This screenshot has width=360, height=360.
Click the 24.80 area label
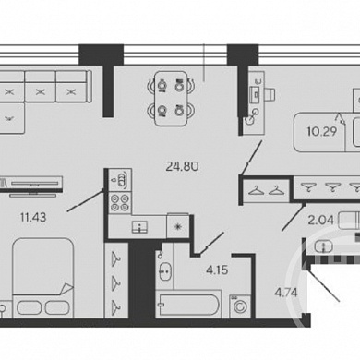(182, 166)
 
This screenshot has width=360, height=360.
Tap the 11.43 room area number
(33, 218)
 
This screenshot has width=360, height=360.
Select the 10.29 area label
(322, 131)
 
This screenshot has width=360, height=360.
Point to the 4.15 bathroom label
(217, 270)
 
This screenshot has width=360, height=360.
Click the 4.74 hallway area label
(286, 293)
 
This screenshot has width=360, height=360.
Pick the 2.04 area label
(321, 220)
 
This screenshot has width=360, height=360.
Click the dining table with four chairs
(171, 99)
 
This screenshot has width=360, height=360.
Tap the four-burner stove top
(120, 202)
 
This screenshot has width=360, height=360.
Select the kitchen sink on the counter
(139, 227)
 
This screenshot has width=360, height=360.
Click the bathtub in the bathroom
(187, 305)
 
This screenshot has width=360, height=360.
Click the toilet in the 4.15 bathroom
(164, 270)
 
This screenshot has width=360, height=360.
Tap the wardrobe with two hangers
(267, 191)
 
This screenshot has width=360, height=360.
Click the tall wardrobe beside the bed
(116, 281)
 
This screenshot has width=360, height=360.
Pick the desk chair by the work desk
(270, 94)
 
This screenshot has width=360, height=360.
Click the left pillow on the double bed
(29, 307)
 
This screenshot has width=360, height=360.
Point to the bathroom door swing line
(211, 244)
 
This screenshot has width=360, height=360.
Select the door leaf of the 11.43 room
(85, 200)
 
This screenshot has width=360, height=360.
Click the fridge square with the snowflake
(178, 227)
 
